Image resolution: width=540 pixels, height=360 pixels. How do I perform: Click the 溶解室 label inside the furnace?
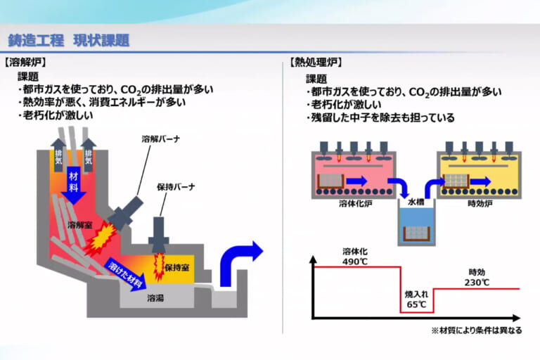(x=81, y=225)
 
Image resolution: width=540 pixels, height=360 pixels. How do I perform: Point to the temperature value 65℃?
(x=416, y=304)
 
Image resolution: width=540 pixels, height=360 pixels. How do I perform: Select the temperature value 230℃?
(x=477, y=282)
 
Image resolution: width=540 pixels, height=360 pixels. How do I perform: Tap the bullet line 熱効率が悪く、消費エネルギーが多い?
(x=105, y=103)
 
